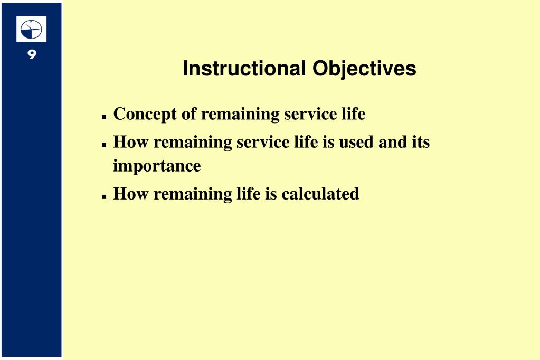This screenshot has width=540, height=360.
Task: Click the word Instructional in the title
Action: pyautogui.click(x=244, y=69)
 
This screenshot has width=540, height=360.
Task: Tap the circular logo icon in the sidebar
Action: pyautogui.click(x=31, y=29)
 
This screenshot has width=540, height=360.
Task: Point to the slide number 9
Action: pyautogui.click(x=31, y=54)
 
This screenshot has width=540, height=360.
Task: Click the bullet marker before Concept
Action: pyautogui.click(x=105, y=116)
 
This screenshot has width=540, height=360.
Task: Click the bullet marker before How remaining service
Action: pyautogui.click(x=105, y=144)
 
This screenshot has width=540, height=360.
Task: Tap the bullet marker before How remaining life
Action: pyautogui.click(x=105, y=196)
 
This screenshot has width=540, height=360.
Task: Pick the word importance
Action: pyautogui.click(x=157, y=166)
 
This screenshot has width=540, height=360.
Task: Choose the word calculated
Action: pyautogui.click(x=320, y=194)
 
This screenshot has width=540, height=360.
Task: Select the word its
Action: pyautogui.click(x=420, y=142)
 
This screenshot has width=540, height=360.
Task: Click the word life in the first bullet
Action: pyautogui.click(x=353, y=114)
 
